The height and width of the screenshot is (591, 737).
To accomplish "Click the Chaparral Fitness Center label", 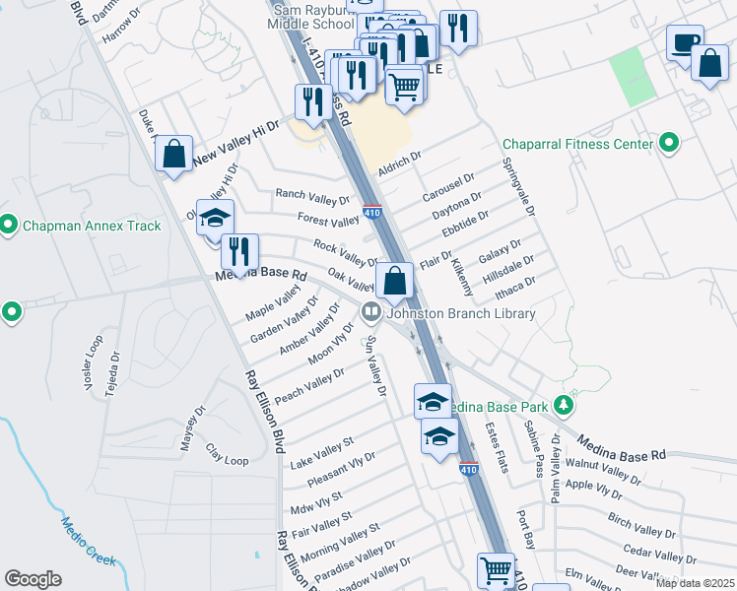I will coord(578,145).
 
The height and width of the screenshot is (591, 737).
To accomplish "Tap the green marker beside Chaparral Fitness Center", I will coord(670,144).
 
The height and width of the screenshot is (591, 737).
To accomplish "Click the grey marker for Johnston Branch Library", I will coord(371,313).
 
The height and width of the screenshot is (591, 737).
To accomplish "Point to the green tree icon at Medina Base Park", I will coord(564,404).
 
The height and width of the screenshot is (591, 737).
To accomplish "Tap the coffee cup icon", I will coord(685,43).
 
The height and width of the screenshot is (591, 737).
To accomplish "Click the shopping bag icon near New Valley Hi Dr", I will coord(173,154).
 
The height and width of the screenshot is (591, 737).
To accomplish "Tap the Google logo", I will coord(33,579).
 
